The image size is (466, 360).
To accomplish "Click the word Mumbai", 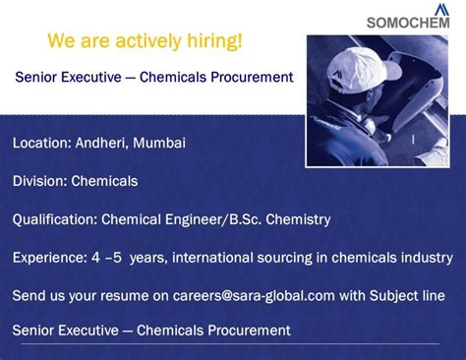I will [159, 143].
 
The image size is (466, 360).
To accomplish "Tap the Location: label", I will [41, 143].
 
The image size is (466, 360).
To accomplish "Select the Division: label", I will [38, 181].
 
